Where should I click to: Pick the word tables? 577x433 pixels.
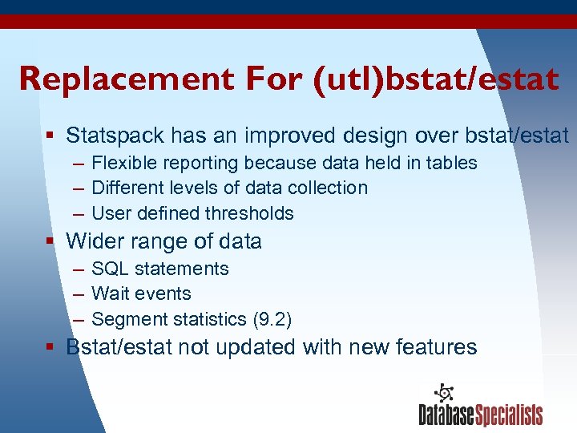(x=451, y=163)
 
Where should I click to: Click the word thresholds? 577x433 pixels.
(x=249, y=213)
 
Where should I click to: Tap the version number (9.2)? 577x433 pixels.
(x=272, y=319)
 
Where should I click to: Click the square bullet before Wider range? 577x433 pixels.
(x=50, y=241)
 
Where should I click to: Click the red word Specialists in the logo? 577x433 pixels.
(x=509, y=415)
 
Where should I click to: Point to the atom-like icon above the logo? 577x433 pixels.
(x=443, y=394)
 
